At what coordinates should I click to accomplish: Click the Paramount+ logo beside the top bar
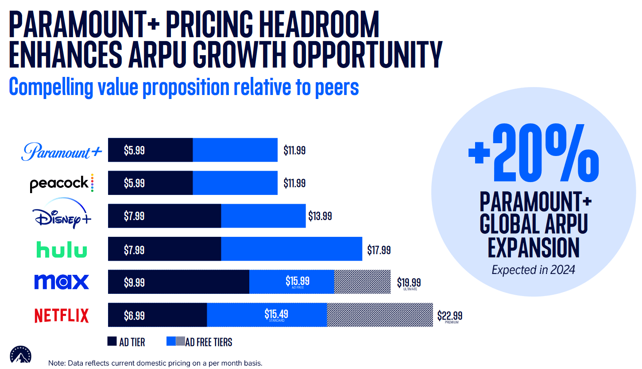click(62, 151)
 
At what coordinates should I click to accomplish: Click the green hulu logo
click(62, 250)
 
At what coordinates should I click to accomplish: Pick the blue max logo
click(62, 282)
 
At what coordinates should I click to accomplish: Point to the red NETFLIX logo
click(62, 316)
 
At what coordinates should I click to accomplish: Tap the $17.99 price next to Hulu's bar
click(379, 250)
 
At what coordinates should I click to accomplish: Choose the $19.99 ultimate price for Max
click(410, 282)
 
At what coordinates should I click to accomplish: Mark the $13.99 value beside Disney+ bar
click(320, 216)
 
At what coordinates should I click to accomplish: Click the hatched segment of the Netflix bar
click(379, 315)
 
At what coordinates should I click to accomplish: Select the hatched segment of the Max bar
click(362, 282)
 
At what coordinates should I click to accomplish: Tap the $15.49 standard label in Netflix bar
click(276, 314)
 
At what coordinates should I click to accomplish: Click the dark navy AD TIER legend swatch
click(112, 342)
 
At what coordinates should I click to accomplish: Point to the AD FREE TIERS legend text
click(209, 342)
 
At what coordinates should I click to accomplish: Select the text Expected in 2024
click(533, 270)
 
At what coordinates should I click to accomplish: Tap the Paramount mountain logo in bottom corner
click(22, 355)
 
